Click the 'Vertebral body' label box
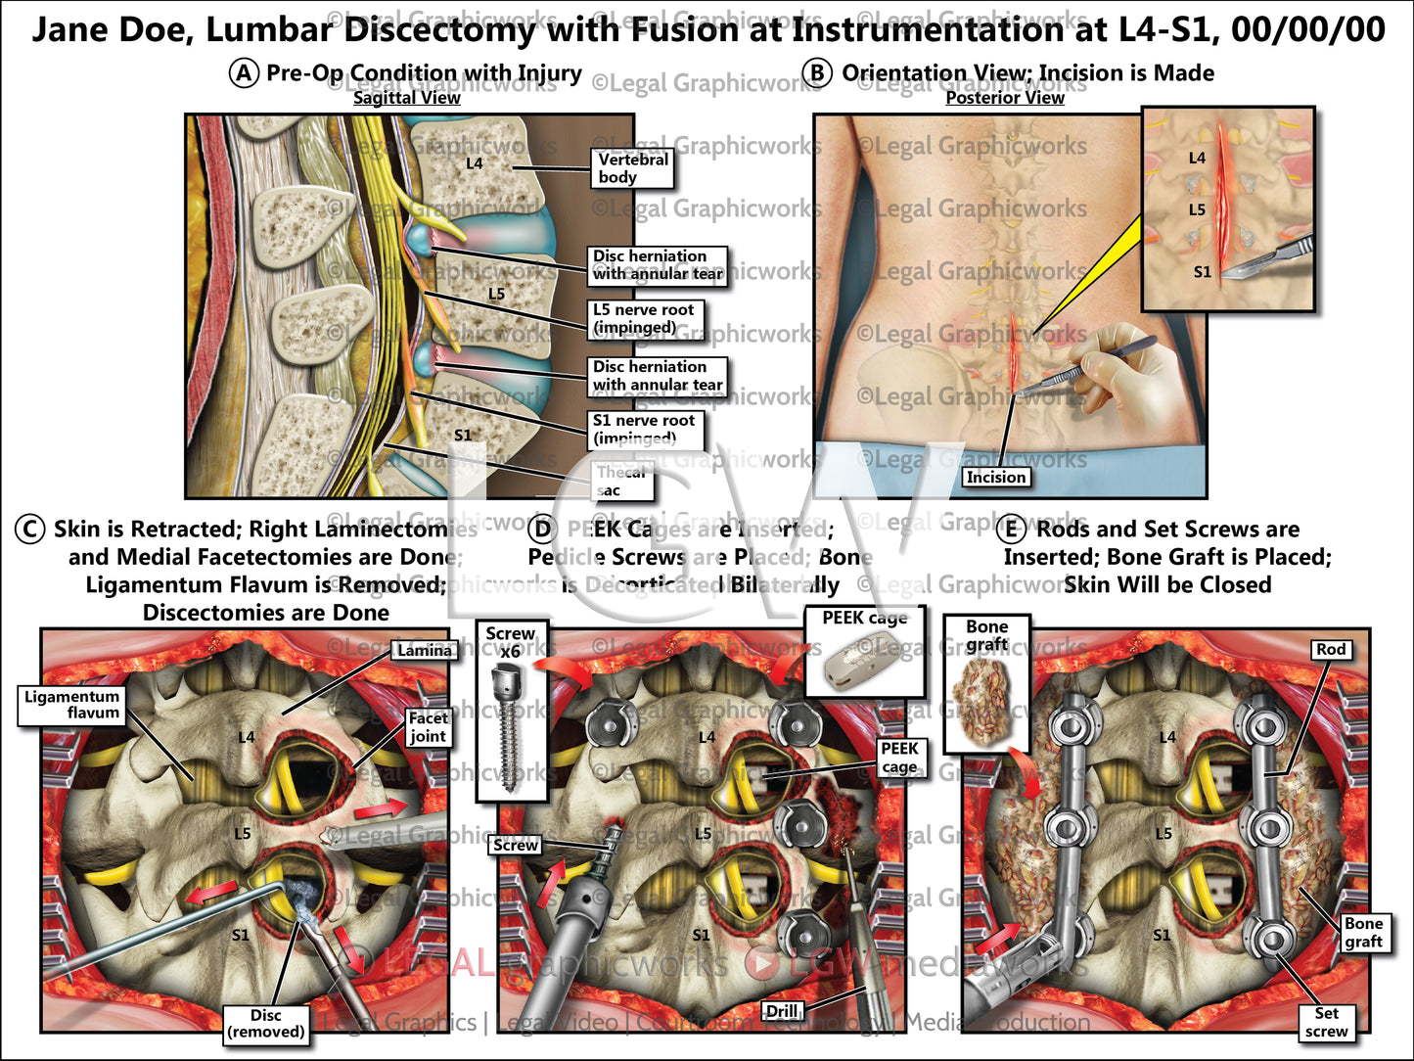click(x=632, y=168)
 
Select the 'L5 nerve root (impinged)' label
click(x=644, y=319)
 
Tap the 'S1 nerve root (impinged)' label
click(x=644, y=429)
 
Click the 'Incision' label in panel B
click(x=995, y=477)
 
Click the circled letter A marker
click(x=244, y=73)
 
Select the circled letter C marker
click(x=30, y=530)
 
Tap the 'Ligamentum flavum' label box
click(x=72, y=705)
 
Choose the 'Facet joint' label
click(x=428, y=727)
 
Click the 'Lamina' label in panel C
click(x=425, y=650)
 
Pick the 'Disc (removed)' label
click(x=265, y=1024)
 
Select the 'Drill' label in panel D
click(x=782, y=1011)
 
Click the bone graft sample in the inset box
click(x=984, y=700)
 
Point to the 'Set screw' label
click(x=1326, y=1023)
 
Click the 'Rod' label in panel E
click(x=1330, y=649)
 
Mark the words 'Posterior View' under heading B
click(x=1004, y=98)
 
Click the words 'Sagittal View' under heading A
click(x=406, y=98)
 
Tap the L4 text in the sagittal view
click(x=474, y=163)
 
